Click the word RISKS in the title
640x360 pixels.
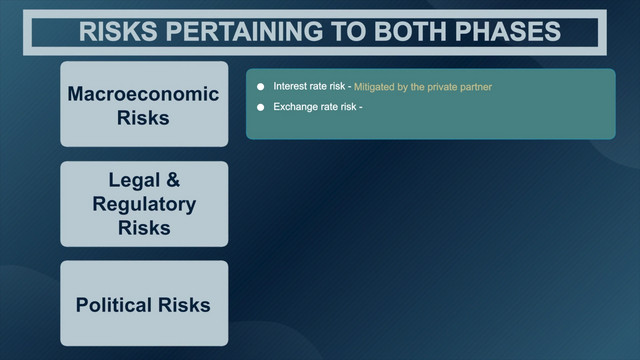(x=118, y=31)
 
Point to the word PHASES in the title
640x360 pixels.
(x=508, y=31)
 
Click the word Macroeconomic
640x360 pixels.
(x=143, y=94)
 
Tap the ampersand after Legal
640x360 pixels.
(x=173, y=180)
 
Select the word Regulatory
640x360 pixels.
(x=144, y=204)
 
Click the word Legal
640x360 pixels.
(x=134, y=180)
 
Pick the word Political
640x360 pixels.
(x=114, y=305)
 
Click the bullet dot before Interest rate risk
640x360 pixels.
(x=260, y=87)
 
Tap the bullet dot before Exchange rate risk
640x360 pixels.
(x=260, y=107)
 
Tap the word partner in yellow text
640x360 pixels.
(x=476, y=87)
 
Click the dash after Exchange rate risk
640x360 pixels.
(x=360, y=107)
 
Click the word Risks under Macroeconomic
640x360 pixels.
(x=143, y=118)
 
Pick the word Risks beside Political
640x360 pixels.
(x=184, y=305)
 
